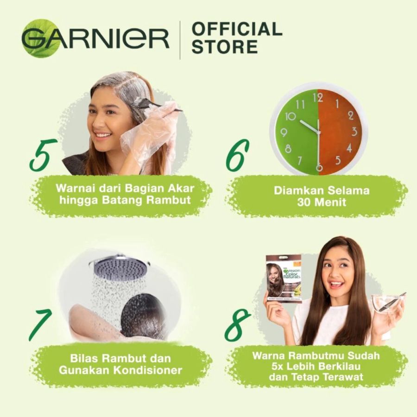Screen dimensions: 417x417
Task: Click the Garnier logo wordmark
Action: click(x=95, y=39)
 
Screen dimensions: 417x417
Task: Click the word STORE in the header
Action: click(x=225, y=47)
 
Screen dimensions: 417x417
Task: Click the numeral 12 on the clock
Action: click(x=317, y=98)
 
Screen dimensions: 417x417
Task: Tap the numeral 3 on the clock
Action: click(x=354, y=132)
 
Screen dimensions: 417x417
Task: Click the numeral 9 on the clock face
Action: click(x=284, y=133)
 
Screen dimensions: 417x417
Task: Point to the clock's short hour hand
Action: click(x=309, y=126)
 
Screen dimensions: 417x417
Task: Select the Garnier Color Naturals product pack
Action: click(x=284, y=278)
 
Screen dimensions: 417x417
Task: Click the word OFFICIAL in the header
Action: click(x=237, y=29)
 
